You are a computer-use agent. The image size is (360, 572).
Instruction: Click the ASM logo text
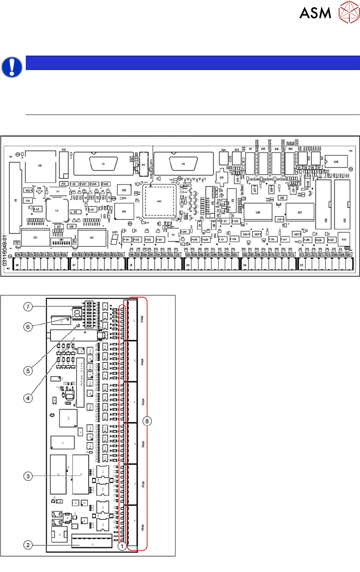pos(315,13)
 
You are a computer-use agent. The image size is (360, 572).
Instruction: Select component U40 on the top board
pos(160,201)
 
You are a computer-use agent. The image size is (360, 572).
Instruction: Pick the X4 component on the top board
pos(40,166)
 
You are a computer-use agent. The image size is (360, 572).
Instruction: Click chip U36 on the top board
pos(258,212)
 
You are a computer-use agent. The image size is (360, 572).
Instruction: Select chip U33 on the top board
pos(300,212)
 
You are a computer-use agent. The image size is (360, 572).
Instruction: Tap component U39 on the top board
pos(336,162)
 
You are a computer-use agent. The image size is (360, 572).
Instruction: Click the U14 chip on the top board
pos(124,212)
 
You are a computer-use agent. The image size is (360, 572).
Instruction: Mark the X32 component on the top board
pos(344,240)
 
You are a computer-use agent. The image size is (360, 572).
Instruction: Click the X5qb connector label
pos(142,403)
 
